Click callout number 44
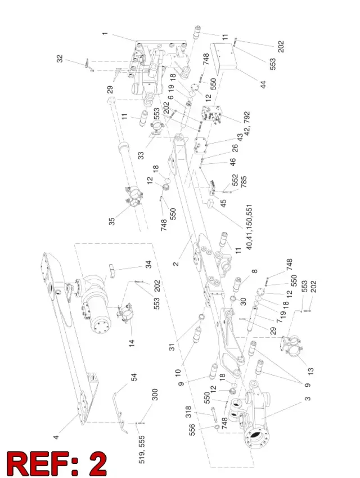pos(263,84)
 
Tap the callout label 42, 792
pos(247,123)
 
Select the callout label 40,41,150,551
pos(249,227)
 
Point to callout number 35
pos(112,221)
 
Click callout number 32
pos(60,59)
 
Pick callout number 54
pos(134,377)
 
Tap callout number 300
pos(155,395)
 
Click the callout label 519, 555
pos(142,450)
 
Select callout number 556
pos(192,430)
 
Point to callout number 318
pos(188,412)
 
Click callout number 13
pos(310,371)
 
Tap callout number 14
pos(131,343)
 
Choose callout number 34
pos(148,264)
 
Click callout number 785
pos(244,182)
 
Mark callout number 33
pos(141,155)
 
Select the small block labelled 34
pos(112,270)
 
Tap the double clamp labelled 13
pos(291,345)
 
